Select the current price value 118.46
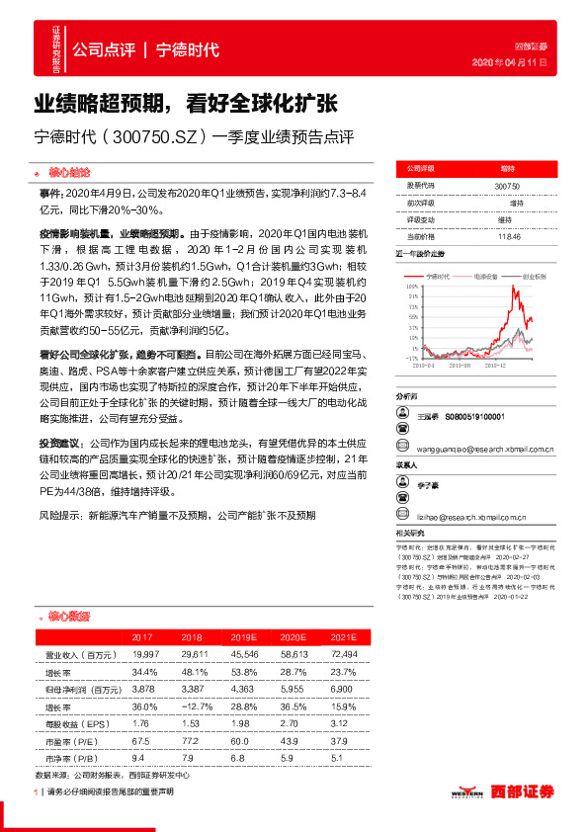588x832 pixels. (x=508, y=236)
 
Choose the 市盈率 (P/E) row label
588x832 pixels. (x=74, y=740)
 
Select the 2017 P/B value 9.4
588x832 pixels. (x=143, y=757)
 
